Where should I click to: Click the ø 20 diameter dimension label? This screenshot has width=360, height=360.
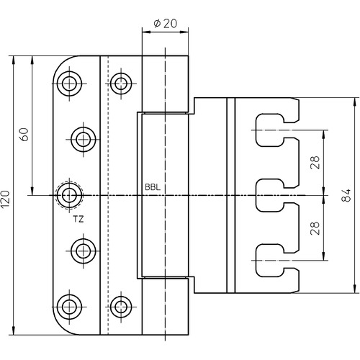click(166, 23)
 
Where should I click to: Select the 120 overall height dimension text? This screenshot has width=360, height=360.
click(5, 199)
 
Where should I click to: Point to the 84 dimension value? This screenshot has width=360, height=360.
click(346, 195)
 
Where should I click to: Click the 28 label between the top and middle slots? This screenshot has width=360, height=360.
click(315, 163)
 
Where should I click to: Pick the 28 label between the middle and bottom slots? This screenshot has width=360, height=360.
click(315, 228)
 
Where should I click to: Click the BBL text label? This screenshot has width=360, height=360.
click(153, 187)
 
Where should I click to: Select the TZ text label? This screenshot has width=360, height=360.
click(78, 219)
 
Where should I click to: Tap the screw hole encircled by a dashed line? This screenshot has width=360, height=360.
click(69, 195)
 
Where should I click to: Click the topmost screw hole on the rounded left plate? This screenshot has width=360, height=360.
click(69, 84)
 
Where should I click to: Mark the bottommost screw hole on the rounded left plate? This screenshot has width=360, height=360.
click(69, 307)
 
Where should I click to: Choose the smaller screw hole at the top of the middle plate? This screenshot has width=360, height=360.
click(121, 84)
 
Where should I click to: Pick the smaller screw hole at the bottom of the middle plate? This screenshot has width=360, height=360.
click(121, 307)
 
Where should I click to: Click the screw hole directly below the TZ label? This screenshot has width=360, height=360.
click(84, 251)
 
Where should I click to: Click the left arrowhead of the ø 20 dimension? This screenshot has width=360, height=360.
click(145, 32)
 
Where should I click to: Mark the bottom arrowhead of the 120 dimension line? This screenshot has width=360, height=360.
click(14, 330)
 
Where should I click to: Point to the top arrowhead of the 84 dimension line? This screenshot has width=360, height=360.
click(355, 102)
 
